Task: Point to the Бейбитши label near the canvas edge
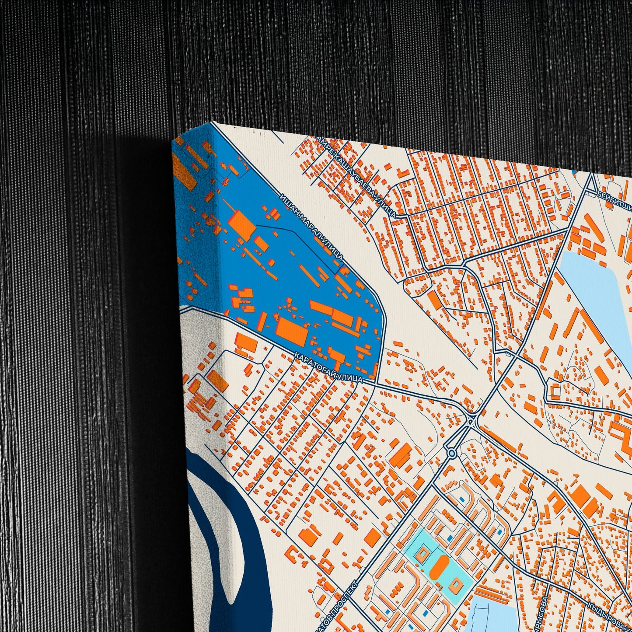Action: click(614, 199)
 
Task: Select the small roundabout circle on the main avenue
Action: click(452, 454)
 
